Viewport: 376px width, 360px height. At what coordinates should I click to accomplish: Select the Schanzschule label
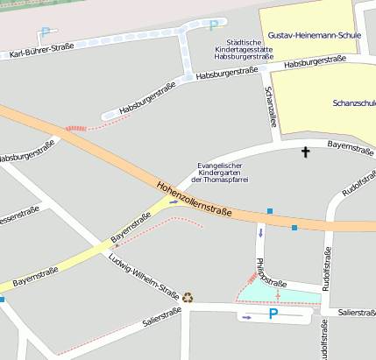[x=354, y=102]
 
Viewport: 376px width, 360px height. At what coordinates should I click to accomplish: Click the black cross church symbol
[x=306, y=152]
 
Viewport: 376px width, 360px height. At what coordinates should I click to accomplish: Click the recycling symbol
[x=187, y=296]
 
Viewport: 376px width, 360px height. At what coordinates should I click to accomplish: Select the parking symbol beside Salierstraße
[x=274, y=314]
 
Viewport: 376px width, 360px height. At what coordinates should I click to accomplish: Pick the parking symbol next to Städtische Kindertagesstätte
[x=213, y=25]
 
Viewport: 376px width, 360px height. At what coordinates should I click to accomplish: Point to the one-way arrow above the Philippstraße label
[x=260, y=233]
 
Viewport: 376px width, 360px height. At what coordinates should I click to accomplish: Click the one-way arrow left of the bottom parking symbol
[x=247, y=317]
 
